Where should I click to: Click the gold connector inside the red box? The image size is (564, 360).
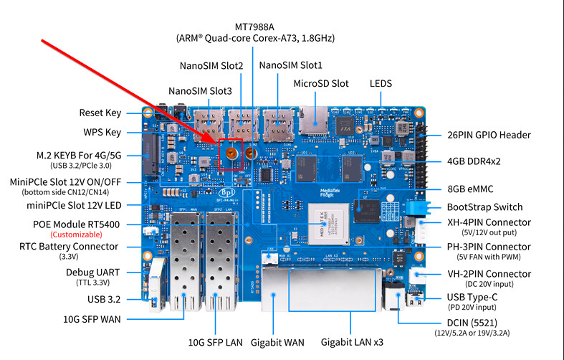tap(231, 153)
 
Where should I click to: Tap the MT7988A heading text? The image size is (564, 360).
tap(254, 27)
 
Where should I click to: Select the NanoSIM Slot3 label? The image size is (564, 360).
tap(200, 91)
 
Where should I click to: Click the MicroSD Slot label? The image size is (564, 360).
tap(321, 83)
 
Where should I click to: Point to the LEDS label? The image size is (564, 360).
tap(381, 83)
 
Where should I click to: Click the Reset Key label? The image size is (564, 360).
tap(100, 113)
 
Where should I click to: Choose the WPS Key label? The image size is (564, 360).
tap(102, 133)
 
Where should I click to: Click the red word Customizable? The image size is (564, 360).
tap(76, 235)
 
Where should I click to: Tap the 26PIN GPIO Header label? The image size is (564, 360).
tap(489, 135)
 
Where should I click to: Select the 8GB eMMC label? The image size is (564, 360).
tap(470, 189)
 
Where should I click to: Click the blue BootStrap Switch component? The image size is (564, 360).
tap(418, 207)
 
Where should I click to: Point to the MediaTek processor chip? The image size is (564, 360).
tap(329, 224)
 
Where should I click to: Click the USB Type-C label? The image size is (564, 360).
tap(472, 298)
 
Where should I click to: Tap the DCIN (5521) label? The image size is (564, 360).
tap(472, 323)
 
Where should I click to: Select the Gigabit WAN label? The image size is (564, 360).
tap(277, 342)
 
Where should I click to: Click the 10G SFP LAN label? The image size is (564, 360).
tap(216, 342)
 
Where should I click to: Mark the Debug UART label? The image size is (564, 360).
tap(92, 273)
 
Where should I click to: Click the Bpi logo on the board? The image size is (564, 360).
tap(227, 192)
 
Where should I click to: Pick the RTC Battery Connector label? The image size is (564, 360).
tap(69, 247)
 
